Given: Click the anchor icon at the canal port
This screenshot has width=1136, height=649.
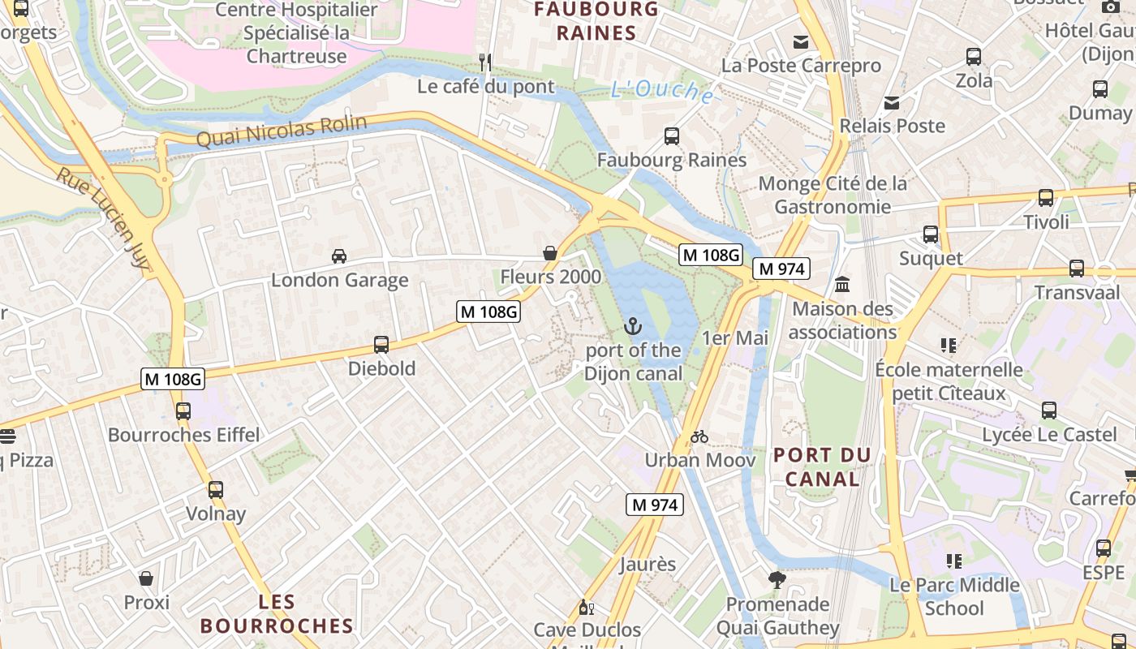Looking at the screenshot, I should pos(632,326).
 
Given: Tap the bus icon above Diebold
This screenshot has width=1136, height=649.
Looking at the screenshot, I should pos(381,345).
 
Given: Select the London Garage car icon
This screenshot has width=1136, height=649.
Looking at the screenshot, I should pos(339,256).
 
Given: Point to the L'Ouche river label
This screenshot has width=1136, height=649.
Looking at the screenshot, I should pos(662,91).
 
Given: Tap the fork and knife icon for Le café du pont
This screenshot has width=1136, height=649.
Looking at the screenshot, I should pos(485,62).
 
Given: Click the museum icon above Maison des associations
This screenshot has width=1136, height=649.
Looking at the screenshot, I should pos(842,285).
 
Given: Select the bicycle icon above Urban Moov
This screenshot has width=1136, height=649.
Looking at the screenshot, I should pos(699,436).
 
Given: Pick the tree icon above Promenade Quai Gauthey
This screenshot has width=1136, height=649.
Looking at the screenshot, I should pos(777,580).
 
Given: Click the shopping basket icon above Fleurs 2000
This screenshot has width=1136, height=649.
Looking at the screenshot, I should pos(550,253).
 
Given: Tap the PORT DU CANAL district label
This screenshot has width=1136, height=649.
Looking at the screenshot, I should pos(822,467).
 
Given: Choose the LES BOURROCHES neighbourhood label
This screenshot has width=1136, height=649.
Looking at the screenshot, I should pos(277,614).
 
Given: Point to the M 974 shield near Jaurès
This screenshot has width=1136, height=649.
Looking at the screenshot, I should pos(655,505).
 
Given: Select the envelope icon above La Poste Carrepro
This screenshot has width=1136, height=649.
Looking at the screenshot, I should pos(801,42).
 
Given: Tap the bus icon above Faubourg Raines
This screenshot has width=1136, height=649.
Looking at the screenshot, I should pos(672,136).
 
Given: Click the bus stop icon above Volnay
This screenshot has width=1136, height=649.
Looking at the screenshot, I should pos(216,490).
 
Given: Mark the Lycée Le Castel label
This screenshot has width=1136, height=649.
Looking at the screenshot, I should pos(1049,435).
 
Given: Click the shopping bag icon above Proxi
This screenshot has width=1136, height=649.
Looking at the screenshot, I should pos(147,578).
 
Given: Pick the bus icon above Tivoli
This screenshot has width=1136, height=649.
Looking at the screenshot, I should pos(1046,198).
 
